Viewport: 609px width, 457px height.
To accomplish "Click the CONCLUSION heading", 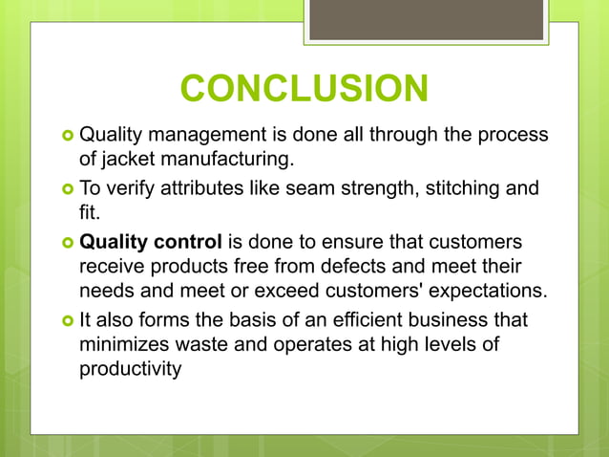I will tap(304, 89).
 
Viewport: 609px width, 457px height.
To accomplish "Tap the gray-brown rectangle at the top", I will tap(426, 20).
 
